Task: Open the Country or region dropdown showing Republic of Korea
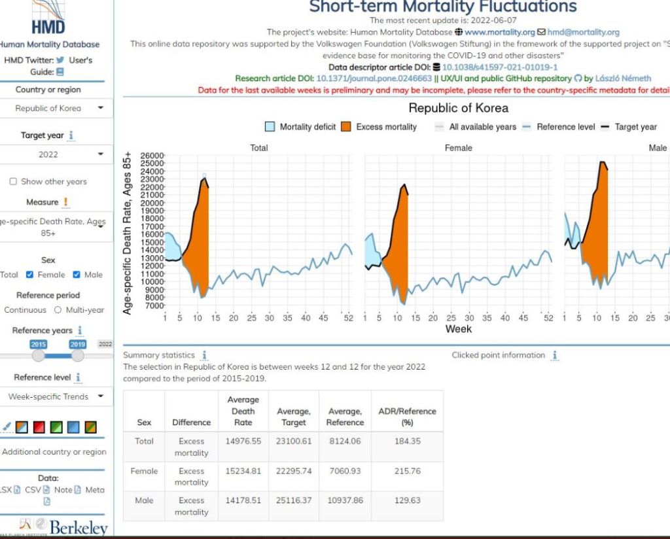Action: click(55, 108)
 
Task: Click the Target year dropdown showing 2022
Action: click(55, 154)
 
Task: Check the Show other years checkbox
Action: click(13, 182)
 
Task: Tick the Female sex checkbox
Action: click(30, 275)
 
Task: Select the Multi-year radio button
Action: click(58, 310)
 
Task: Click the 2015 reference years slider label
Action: click(39, 344)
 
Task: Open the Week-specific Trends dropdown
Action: click(55, 396)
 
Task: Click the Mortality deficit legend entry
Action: click(301, 127)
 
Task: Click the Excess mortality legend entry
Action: click(379, 127)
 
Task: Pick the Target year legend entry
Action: click(629, 127)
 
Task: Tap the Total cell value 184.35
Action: click(407, 442)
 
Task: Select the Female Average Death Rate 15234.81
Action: click(243, 471)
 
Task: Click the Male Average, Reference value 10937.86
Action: click(344, 500)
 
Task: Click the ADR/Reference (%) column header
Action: click(407, 417)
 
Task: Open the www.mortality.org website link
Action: click(499, 32)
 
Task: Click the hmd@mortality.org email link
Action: click(583, 32)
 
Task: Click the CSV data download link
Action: click(33, 489)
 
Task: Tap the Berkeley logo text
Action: click(78, 528)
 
